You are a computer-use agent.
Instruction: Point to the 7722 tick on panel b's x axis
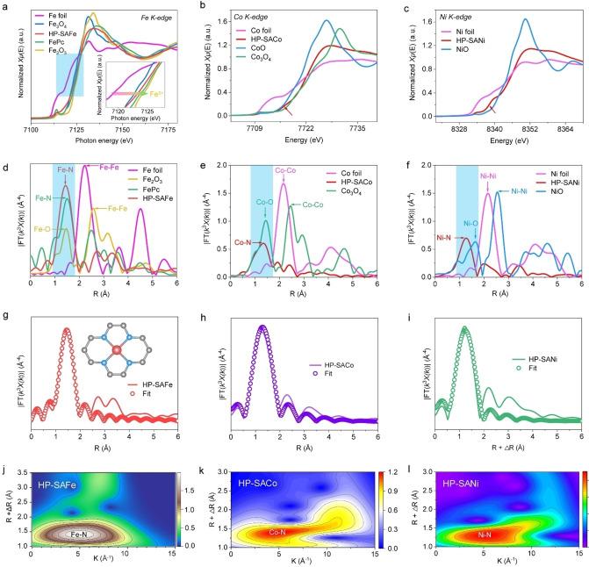pos(305,128)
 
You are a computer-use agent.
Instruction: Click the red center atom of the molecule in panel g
pos(115,327)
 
